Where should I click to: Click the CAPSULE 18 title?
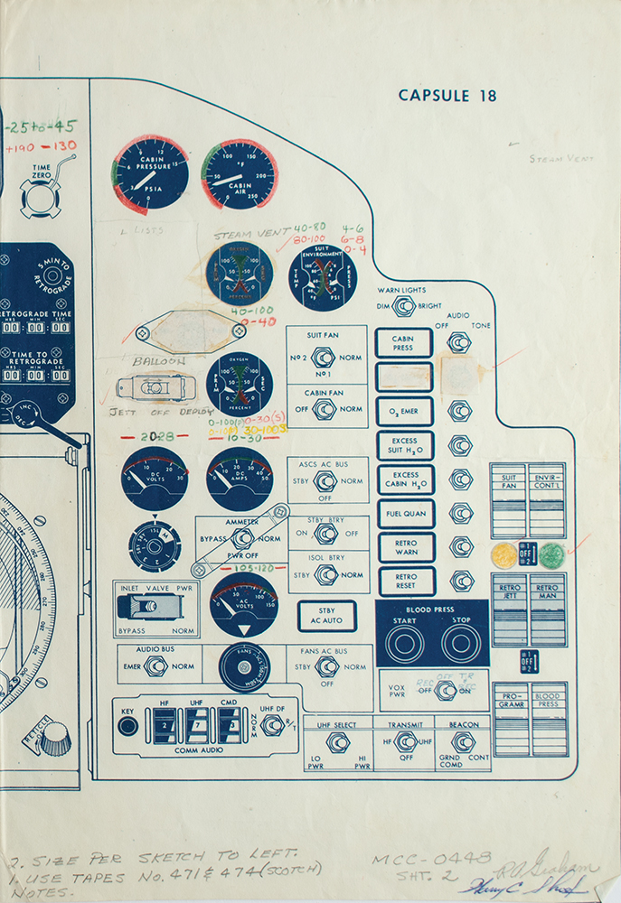[x=447, y=96]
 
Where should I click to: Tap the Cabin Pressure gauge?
[x=150, y=172]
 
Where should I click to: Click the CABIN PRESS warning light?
[x=404, y=343]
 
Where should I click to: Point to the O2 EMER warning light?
[x=404, y=412]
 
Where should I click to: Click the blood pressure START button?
[x=404, y=642]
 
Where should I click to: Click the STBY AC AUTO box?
[x=326, y=616]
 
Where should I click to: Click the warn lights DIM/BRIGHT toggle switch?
[x=404, y=306]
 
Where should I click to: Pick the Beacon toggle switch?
[x=464, y=742]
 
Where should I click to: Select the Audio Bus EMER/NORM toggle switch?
[x=157, y=666]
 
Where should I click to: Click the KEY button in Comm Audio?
[x=127, y=725]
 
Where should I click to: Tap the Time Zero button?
[x=42, y=196]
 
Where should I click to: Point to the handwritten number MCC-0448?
[x=428, y=859]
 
